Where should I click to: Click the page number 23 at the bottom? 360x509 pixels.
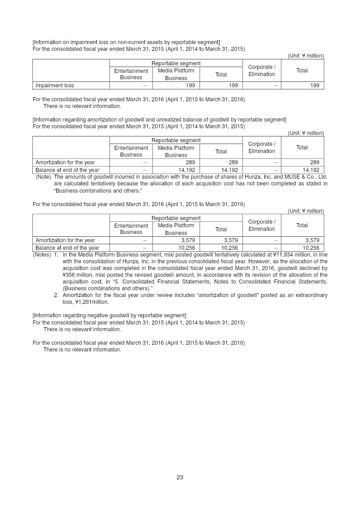point(180,477)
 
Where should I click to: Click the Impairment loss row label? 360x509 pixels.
point(54,86)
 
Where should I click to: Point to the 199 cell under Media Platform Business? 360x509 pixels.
point(190,86)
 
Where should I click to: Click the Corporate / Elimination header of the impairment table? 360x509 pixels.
point(261,71)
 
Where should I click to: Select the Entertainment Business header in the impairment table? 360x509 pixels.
point(131,74)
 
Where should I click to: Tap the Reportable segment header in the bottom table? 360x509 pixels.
point(176,218)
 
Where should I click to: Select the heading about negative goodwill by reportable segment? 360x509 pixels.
point(109,315)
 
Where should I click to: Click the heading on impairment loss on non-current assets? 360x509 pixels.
point(126,42)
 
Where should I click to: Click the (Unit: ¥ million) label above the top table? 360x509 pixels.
point(306,56)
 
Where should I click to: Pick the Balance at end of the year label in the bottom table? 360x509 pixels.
point(67,248)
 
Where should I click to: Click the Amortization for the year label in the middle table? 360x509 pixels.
point(65,162)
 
